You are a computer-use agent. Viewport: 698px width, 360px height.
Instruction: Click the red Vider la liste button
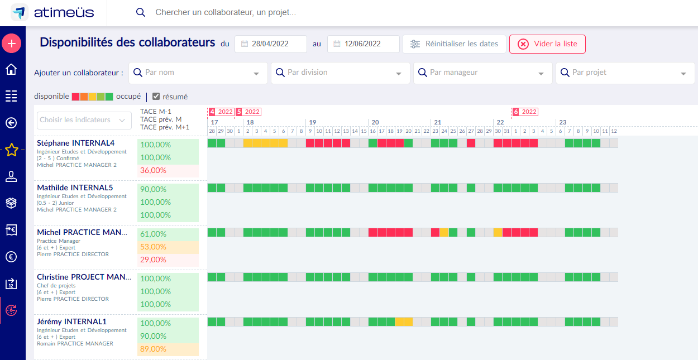pyautogui.click(x=547, y=44)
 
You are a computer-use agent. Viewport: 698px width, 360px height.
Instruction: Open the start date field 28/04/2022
pyautogui.click(x=270, y=44)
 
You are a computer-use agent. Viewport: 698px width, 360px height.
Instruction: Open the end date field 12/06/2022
pyautogui.click(x=363, y=44)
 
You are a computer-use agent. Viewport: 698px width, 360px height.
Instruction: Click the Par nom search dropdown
pyautogui.click(x=198, y=73)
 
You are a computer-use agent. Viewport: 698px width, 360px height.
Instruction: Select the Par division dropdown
pyautogui.click(x=340, y=73)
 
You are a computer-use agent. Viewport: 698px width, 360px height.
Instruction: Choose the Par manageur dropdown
pyautogui.click(x=482, y=73)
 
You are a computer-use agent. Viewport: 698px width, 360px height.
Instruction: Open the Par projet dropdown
pyautogui.click(x=625, y=73)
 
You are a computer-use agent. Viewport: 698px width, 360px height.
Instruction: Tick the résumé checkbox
pyautogui.click(x=156, y=97)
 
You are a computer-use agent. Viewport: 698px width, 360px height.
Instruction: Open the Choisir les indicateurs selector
pyautogui.click(x=84, y=120)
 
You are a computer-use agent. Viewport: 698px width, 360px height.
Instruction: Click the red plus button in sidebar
pyautogui.click(x=12, y=44)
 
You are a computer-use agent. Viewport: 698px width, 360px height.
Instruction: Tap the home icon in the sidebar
pyautogui.click(x=11, y=69)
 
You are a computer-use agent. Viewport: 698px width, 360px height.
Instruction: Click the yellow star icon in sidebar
pyautogui.click(x=12, y=150)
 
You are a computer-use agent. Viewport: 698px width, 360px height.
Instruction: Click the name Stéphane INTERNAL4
pyautogui.click(x=76, y=143)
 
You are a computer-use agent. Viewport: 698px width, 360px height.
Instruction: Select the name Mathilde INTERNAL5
pyautogui.click(x=75, y=188)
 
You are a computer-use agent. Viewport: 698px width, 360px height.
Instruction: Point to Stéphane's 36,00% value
pyautogui.click(x=153, y=170)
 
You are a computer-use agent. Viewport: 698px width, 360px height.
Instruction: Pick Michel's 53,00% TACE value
pyautogui.click(x=153, y=247)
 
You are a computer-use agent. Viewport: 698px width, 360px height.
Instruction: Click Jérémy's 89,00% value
pyautogui.click(x=153, y=349)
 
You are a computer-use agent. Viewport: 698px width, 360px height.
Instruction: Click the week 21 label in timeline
pyautogui.click(x=437, y=122)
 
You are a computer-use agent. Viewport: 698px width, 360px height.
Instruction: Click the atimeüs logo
pyautogui.click(x=52, y=12)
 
